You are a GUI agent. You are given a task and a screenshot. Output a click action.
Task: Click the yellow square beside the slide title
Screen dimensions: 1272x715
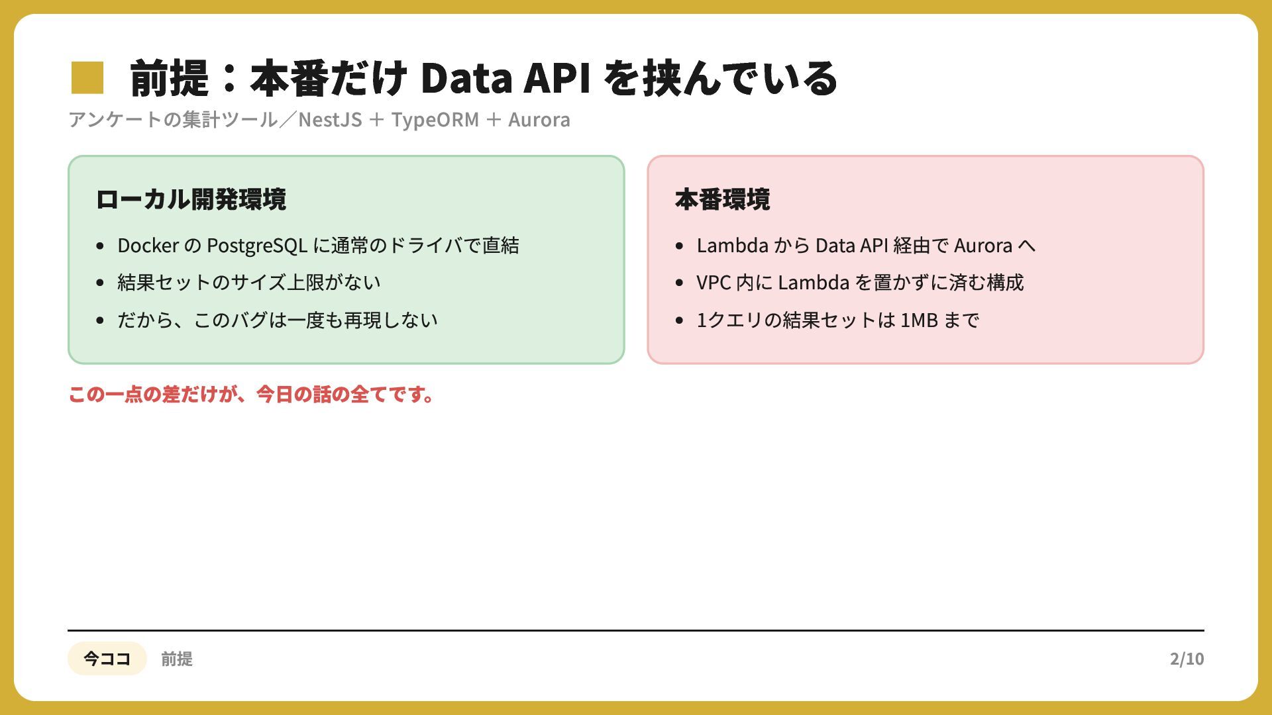coord(87,77)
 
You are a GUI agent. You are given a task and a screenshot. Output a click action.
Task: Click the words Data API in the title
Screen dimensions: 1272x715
coord(505,77)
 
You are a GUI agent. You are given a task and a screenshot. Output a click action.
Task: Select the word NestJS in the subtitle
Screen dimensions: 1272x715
coord(330,120)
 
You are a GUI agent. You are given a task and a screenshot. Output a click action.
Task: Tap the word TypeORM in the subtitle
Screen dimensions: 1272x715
coord(435,120)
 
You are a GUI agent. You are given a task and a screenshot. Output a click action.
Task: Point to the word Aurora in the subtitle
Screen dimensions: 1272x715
coord(539,120)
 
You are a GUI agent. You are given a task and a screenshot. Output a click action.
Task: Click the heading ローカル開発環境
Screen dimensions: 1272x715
coord(191,199)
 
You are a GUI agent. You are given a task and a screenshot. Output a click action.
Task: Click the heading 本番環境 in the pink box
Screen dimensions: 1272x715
coord(722,199)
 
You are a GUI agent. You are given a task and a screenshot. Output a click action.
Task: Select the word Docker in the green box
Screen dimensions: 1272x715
coord(148,246)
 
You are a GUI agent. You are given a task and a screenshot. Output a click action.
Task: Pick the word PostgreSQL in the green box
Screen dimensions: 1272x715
coord(257,246)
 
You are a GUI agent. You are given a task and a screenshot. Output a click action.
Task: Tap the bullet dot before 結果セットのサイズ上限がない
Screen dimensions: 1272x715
coord(100,283)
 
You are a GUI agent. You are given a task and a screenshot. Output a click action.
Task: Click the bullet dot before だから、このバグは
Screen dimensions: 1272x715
coord(100,320)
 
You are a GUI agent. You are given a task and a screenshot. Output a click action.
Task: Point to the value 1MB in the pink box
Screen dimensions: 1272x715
coord(919,320)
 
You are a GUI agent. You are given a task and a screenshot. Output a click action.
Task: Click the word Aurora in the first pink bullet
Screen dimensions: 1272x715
coord(983,246)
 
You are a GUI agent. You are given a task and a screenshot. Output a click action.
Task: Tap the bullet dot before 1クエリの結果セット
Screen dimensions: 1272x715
coord(679,320)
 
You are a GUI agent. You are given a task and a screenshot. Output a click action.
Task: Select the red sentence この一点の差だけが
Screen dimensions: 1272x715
coord(252,395)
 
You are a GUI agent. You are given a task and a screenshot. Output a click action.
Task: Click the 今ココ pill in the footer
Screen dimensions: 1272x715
coord(107,658)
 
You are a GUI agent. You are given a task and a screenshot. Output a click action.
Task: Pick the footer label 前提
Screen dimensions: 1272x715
coord(177,659)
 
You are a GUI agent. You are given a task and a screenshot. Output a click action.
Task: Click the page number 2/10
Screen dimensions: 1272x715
coord(1187,659)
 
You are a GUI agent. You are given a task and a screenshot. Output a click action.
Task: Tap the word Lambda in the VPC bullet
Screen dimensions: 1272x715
coord(814,283)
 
